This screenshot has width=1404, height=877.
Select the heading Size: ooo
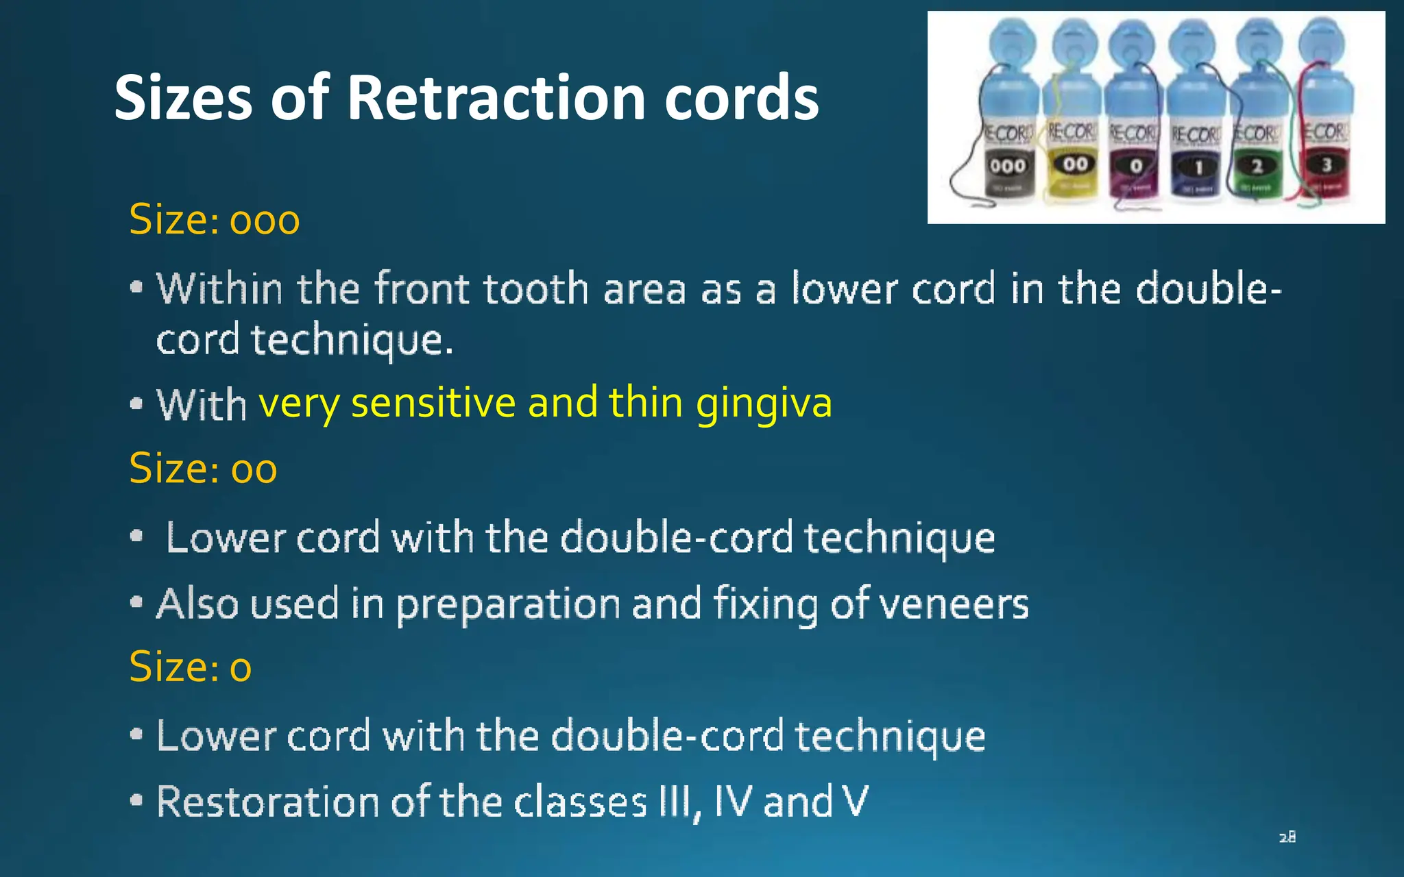214,220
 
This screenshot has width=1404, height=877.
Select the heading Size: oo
203,469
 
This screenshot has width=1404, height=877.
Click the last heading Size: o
190,667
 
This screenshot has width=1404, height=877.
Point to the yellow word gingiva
764,403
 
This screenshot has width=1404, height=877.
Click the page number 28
1287,837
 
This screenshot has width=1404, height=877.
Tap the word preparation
508,604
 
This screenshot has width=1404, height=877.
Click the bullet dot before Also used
136,603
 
